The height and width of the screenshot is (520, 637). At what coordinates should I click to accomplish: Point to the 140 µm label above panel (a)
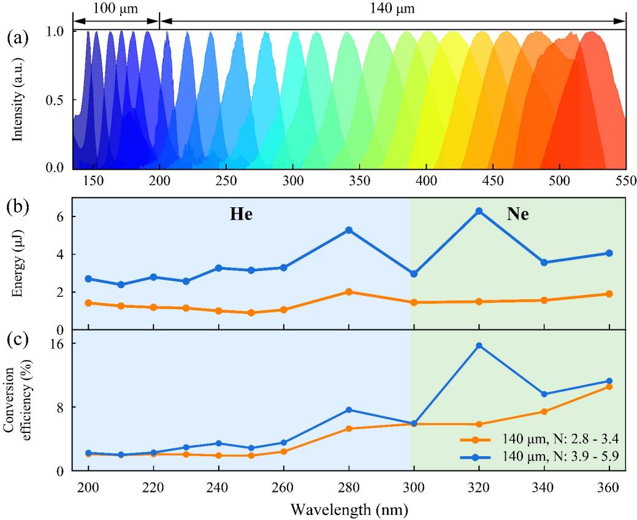[x=392, y=9]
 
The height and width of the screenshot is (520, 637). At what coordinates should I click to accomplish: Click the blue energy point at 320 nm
[x=479, y=211]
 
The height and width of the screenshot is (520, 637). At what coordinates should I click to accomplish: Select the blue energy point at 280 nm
[x=349, y=230]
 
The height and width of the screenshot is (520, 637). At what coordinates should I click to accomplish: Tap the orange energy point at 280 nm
[x=349, y=292]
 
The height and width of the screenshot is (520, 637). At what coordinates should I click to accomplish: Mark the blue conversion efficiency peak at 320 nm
[x=479, y=346]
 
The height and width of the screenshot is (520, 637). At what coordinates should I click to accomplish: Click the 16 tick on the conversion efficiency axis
[x=61, y=343]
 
